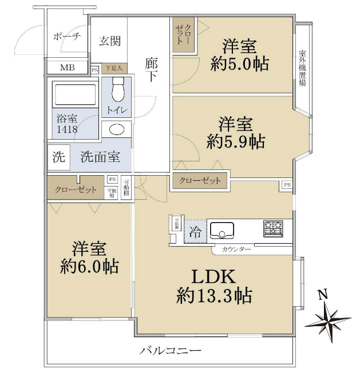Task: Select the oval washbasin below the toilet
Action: tap(116, 129)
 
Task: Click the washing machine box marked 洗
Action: tap(58, 156)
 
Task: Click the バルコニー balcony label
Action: tap(171, 350)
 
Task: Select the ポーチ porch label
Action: tap(67, 36)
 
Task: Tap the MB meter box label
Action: tap(68, 68)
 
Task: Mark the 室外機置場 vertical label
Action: tap(302, 68)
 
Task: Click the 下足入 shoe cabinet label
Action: tap(113, 68)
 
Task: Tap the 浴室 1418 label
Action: tap(67, 124)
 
